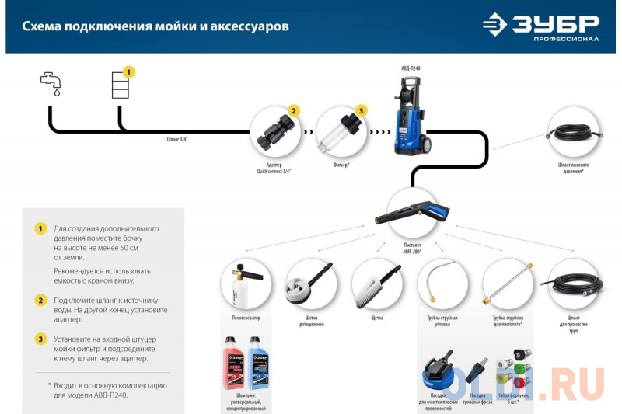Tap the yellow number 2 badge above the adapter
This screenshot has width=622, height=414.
(293, 111)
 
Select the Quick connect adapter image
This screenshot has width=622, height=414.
(274, 132)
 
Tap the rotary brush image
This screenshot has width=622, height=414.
(310, 284)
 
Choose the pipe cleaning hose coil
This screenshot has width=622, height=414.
(574, 284)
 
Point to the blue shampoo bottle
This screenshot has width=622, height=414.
(257, 364)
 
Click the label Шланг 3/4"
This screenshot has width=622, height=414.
(177, 140)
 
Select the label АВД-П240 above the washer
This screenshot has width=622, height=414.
(411, 68)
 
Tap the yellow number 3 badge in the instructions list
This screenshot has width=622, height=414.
(41, 339)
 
